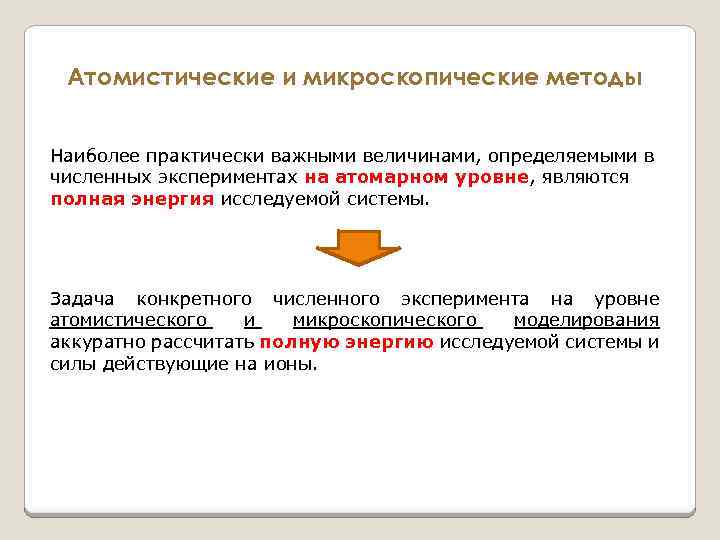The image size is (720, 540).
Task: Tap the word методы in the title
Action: [596, 78]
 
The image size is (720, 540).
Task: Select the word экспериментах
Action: [235, 178]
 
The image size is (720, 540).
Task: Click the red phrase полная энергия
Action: [132, 199]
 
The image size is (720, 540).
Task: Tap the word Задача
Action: [82, 299]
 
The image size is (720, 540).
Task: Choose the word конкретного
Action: [193, 299]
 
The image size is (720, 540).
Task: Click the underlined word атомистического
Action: [130, 320]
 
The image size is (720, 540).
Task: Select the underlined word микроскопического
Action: [387, 320]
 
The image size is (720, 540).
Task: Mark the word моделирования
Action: [586, 320]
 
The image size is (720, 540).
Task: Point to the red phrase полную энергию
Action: [346, 342]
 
